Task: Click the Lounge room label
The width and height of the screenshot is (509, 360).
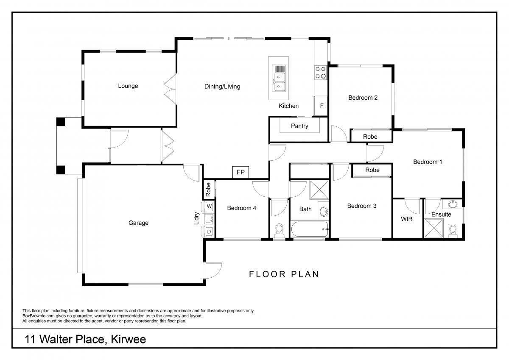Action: point(128,86)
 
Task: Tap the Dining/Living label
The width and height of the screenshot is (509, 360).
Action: point(222,87)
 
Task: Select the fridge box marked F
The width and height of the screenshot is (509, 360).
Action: point(321,106)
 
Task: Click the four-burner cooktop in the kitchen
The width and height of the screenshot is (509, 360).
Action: point(321,73)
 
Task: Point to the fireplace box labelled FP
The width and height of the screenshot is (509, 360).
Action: point(241,172)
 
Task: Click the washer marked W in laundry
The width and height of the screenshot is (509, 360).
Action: point(209,207)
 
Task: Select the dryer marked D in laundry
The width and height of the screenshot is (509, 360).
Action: point(209,232)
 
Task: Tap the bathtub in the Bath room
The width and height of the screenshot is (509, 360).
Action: point(310,229)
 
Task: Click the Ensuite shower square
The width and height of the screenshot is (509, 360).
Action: point(434,228)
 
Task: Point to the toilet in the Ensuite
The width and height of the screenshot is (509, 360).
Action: point(453,232)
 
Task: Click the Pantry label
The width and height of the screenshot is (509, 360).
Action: point(299,126)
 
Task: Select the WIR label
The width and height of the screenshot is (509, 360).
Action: point(406,219)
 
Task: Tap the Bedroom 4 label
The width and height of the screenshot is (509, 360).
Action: point(241,208)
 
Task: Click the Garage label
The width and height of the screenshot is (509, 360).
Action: point(138,223)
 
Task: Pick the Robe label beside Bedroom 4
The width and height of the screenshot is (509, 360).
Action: point(208,190)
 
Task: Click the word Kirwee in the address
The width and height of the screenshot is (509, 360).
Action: point(129,339)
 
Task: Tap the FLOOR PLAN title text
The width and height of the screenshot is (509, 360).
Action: point(284,274)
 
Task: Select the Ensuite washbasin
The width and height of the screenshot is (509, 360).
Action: point(453,204)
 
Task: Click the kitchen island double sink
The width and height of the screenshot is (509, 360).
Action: point(279,78)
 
